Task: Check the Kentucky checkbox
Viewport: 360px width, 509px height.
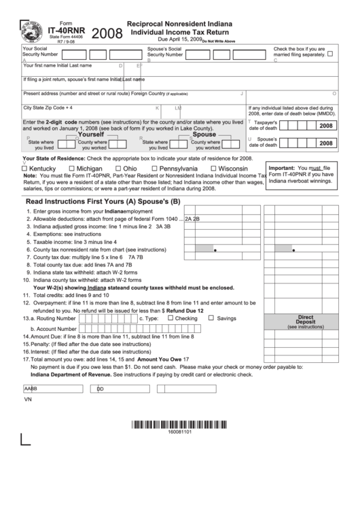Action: point(25,169)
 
